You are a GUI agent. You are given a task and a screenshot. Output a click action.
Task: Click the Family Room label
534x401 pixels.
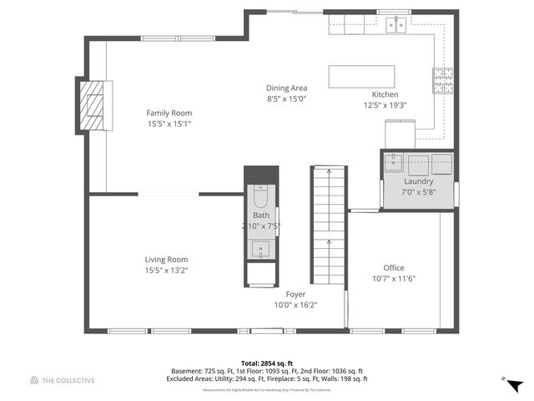pos(169,113)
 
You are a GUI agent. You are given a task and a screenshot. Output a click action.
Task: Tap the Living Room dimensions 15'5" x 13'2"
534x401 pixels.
pos(167,270)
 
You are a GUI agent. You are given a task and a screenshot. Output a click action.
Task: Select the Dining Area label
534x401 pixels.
pos(287,88)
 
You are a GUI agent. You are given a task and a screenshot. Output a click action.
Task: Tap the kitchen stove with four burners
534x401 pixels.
pos(443,79)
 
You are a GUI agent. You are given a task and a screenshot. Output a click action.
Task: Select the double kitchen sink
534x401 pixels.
pos(395,25)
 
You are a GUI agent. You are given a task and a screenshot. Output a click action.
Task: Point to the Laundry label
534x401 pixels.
pos(418,181)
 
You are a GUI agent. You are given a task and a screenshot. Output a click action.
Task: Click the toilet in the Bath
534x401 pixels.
pos(259,197)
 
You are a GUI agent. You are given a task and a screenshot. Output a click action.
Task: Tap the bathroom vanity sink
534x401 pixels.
pos(260,249)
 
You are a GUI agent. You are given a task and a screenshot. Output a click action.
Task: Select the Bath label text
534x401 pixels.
pos(261,216)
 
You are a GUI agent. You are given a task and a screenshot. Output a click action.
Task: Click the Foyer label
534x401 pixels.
pos(295,294)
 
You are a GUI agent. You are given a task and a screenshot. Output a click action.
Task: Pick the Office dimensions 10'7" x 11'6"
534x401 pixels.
pos(393,278)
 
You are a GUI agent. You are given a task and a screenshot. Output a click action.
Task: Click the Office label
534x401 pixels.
pos(393,267)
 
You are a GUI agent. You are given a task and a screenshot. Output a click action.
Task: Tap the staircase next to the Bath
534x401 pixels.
pos(329,226)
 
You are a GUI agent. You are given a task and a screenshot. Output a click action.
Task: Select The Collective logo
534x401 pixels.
pos(63,381)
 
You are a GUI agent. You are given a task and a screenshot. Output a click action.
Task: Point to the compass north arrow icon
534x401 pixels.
pos(514,384)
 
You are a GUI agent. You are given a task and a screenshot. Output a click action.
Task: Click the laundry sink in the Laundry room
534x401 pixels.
pos(395,161)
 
